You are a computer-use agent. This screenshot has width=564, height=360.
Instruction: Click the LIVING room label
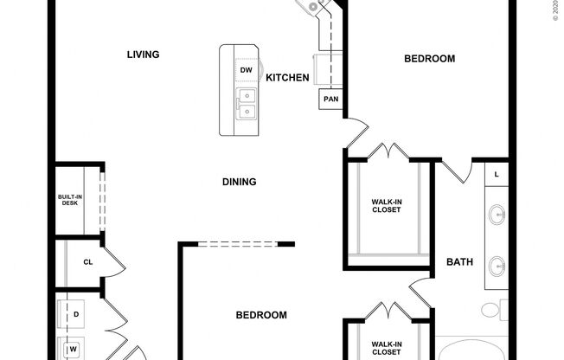tap(144, 55)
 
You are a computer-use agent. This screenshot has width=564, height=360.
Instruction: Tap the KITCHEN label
tap(287, 78)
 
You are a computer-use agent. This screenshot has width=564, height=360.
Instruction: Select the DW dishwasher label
tap(246, 70)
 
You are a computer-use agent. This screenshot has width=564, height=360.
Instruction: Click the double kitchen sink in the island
tap(246, 105)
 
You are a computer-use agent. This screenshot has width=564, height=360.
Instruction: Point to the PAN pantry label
tap(330, 100)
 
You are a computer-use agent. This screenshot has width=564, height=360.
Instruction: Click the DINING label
tap(239, 182)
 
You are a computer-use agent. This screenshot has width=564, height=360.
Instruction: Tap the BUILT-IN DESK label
tap(70, 200)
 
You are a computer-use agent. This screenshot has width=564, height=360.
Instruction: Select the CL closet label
tap(87, 262)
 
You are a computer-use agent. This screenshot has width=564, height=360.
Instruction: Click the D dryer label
tap(76, 314)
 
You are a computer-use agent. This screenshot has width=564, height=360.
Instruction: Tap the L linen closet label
tap(496, 175)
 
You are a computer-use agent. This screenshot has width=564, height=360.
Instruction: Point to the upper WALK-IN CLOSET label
tap(387, 206)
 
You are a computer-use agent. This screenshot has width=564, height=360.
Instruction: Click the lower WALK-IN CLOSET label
tap(387, 347)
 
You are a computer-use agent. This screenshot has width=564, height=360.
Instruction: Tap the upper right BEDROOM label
tap(429, 59)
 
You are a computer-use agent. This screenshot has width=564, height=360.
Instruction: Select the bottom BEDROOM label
tap(261, 316)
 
